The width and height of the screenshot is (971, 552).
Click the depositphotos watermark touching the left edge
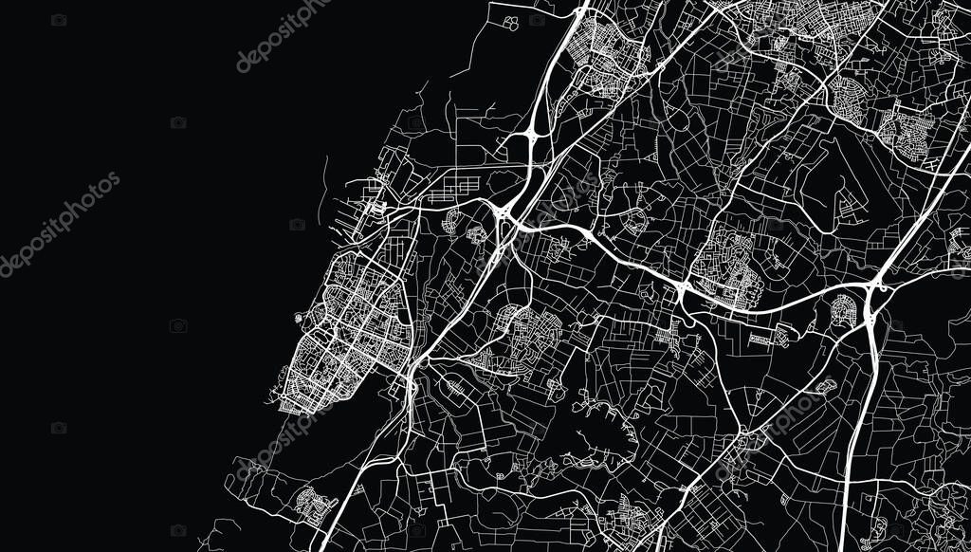click(57, 224)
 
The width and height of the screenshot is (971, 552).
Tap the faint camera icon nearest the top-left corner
click(59, 20)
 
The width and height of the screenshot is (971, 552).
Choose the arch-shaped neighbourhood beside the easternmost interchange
click(843, 308)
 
